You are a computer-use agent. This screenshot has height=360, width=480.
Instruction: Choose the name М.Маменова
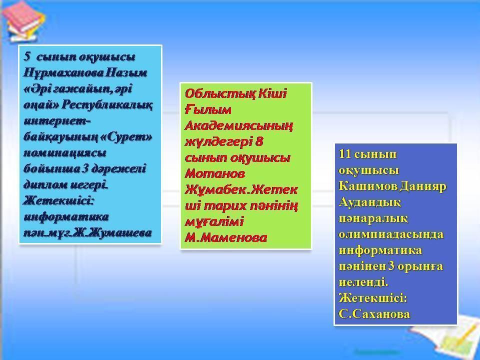point(225,237)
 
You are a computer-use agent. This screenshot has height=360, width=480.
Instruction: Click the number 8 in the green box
point(258,141)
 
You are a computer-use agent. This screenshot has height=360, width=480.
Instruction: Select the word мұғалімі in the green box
point(207,221)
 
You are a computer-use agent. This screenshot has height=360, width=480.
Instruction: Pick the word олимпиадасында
point(390,234)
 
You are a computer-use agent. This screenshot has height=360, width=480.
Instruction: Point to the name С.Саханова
point(374,314)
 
